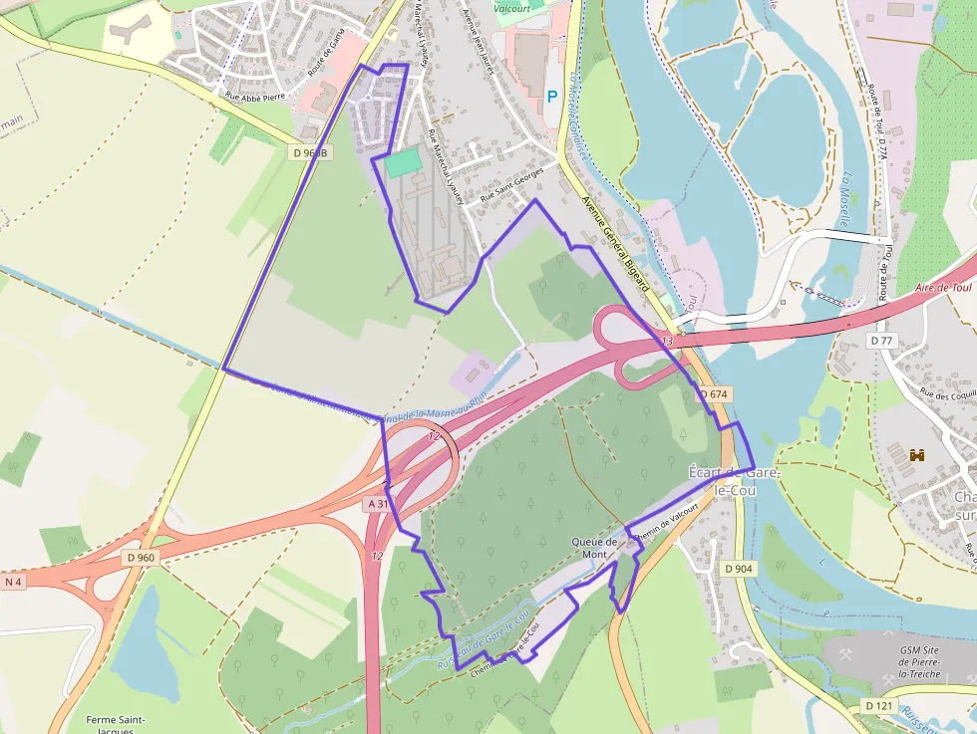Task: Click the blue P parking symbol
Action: [x=552, y=98]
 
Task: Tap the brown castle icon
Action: [x=917, y=455]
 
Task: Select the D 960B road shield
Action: [x=310, y=152]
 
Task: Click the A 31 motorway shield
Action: [x=378, y=505]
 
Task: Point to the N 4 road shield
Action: [x=14, y=582]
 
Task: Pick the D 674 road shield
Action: [x=715, y=394]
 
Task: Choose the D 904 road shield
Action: [x=739, y=569]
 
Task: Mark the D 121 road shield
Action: [x=878, y=706]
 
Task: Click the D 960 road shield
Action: [x=141, y=558]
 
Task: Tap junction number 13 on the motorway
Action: [x=667, y=342]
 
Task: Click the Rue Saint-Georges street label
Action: [x=512, y=185]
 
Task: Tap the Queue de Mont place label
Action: [x=595, y=548]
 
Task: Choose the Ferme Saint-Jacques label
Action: [x=117, y=725]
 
